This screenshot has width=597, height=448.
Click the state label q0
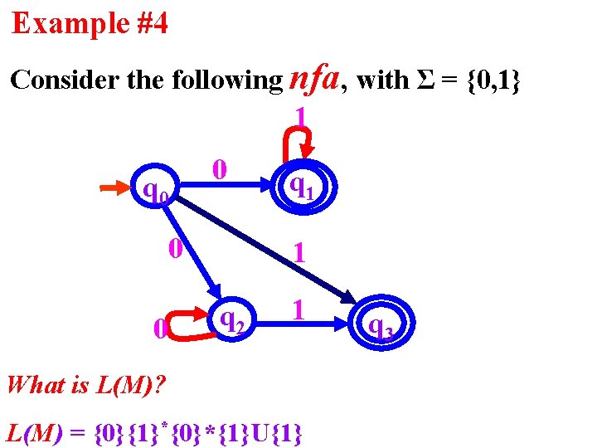[156, 195]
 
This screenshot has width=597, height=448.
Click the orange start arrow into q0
[116, 190]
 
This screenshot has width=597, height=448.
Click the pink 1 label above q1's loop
[301, 116]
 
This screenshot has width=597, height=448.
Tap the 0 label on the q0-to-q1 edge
[218, 169]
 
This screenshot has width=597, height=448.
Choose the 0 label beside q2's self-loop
[159, 330]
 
